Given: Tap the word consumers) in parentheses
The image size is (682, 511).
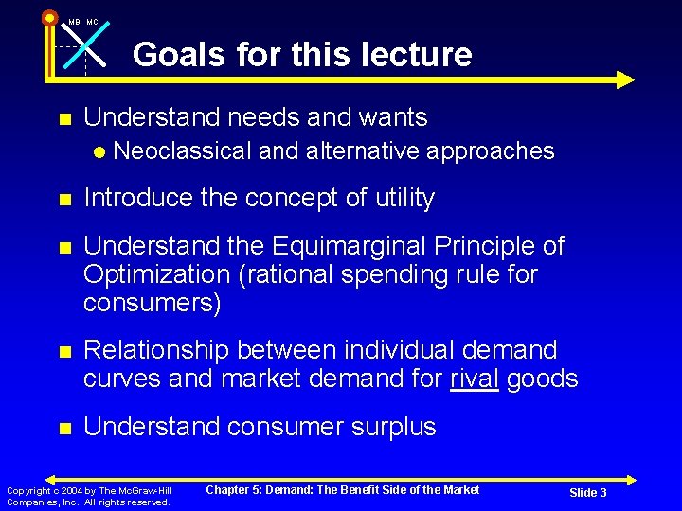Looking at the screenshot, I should [153, 303].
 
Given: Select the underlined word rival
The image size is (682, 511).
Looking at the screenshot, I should [476, 379].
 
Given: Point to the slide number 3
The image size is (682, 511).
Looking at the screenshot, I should [602, 493].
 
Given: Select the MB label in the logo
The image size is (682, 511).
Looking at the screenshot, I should [74, 22].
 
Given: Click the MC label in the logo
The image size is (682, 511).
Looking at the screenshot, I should [92, 22].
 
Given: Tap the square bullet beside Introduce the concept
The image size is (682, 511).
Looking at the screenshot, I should [64, 200].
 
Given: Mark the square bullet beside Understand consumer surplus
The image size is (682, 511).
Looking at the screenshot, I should [64, 429].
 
